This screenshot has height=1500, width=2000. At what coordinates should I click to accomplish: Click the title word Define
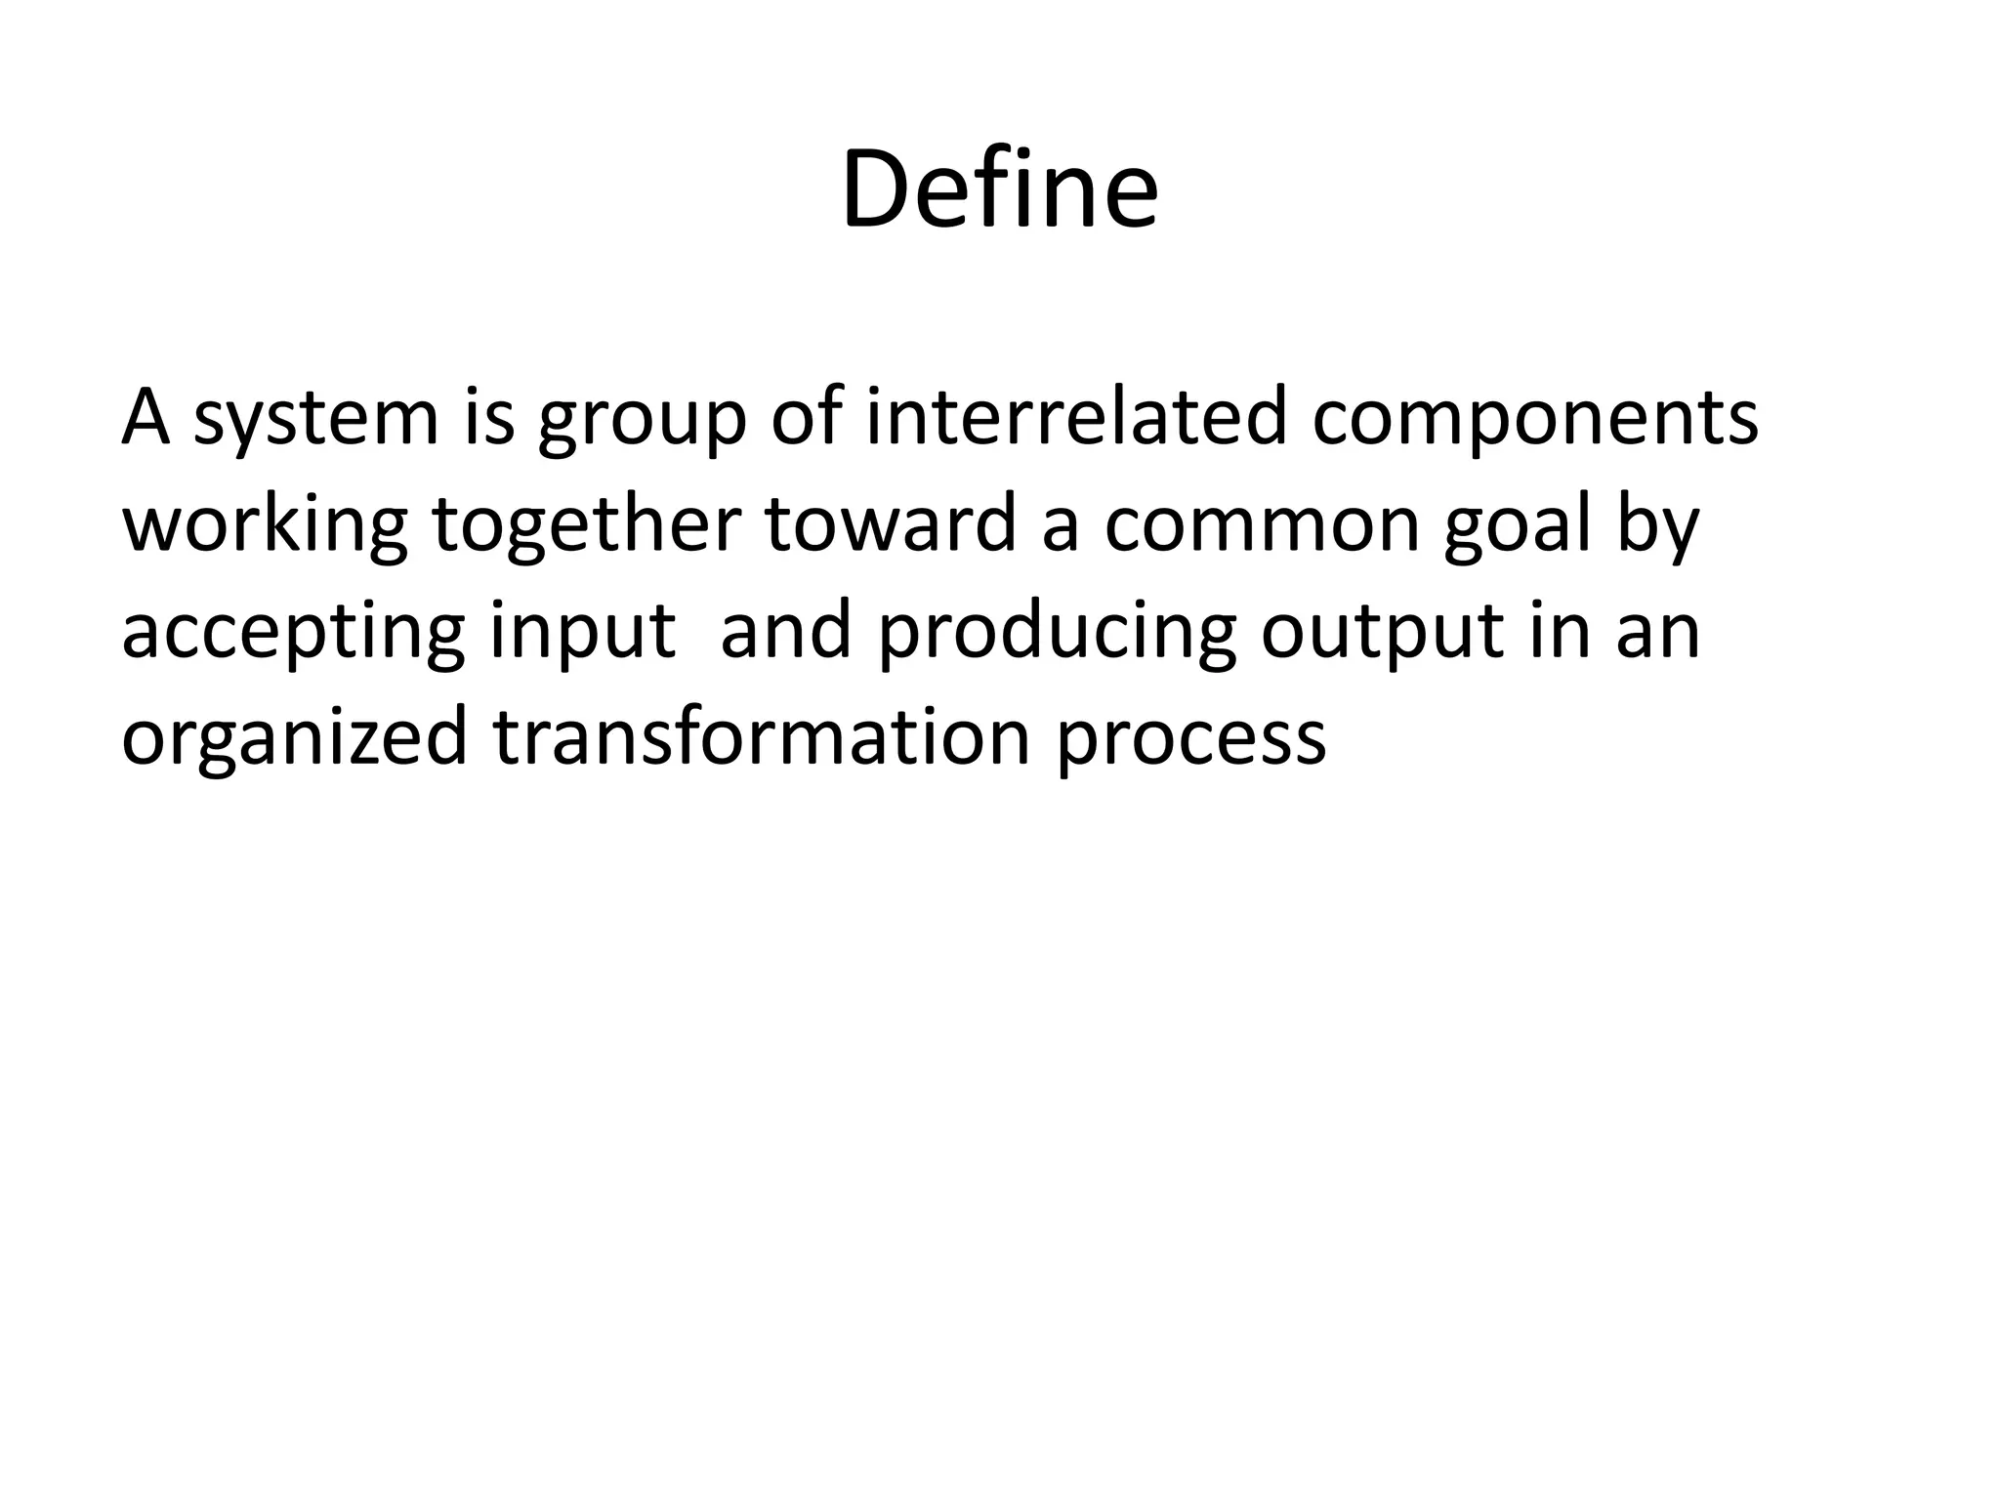click(999, 188)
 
